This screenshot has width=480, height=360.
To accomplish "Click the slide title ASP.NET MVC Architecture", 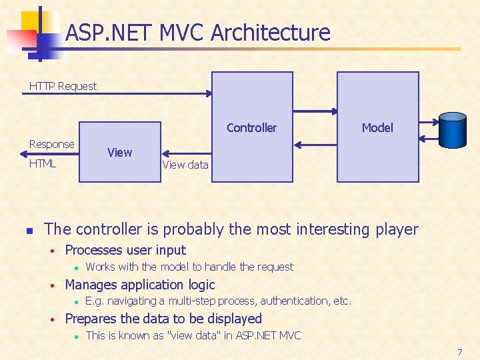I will (x=198, y=33).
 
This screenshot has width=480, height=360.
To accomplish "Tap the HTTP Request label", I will (x=63, y=86).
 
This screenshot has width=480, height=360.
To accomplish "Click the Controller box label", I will (x=251, y=127).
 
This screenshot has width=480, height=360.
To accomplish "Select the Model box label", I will (x=377, y=127).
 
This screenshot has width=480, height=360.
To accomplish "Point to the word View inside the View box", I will (x=120, y=153).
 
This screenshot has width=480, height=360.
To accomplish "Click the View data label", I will (x=185, y=165).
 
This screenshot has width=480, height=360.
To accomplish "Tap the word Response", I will (x=52, y=144).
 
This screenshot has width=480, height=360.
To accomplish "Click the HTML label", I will (x=43, y=163).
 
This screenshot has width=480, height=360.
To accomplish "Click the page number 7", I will (x=459, y=351).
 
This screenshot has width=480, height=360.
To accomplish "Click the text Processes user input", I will (x=125, y=250).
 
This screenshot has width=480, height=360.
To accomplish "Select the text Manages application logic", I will (x=140, y=285).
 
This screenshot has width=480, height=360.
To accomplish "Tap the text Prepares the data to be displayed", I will (x=163, y=319).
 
